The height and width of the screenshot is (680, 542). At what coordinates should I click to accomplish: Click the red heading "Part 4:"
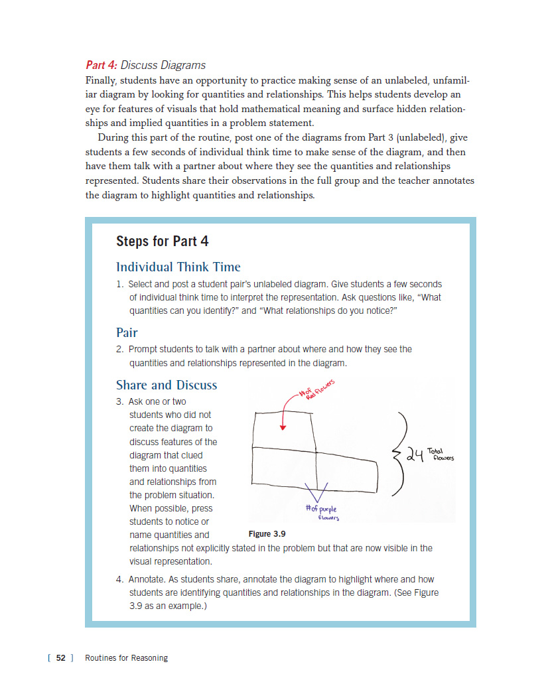(x=102, y=65)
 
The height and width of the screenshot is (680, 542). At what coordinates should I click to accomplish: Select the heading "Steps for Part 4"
(x=163, y=241)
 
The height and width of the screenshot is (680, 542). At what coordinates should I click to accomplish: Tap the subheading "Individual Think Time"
(x=178, y=267)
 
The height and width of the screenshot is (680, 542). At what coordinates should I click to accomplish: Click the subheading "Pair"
(x=127, y=332)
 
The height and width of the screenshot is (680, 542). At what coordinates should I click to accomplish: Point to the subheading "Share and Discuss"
(x=167, y=385)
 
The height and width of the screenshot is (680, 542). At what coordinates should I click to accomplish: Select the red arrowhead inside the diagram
(x=283, y=427)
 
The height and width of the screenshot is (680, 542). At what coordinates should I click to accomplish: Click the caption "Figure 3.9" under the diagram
(x=269, y=533)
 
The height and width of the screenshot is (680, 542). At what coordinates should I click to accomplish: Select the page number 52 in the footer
(x=61, y=658)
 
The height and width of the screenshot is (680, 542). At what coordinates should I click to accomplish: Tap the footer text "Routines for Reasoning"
(x=127, y=658)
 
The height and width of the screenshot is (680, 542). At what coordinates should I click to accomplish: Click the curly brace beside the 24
(x=401, y=454)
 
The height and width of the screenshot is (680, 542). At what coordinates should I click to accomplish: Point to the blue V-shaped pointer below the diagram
(x=317, y=493)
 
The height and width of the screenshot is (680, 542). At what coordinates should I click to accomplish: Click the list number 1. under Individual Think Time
(x=120, y=284)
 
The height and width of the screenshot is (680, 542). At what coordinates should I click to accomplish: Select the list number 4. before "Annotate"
(x=120, y=579)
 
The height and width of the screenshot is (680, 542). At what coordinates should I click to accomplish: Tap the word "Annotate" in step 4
(x=147, y=579)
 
